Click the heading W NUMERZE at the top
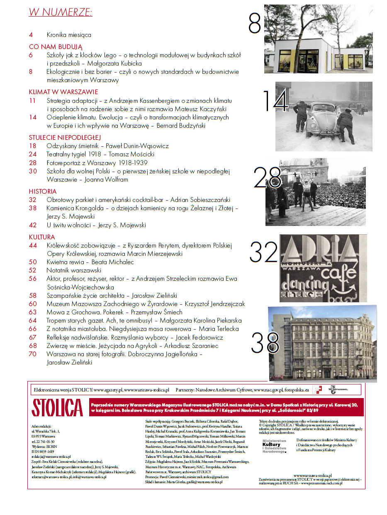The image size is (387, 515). coord(61,12)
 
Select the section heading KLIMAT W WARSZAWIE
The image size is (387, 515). coord(63,92)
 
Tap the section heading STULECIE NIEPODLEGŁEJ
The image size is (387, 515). coord(65,137)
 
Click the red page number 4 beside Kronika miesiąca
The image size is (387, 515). coord(31,35)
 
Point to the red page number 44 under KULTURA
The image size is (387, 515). coord(33,245)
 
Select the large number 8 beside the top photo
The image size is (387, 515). coord(254,24)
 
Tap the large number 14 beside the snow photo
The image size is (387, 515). coord(275,101)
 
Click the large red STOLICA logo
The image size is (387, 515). coord(57,407)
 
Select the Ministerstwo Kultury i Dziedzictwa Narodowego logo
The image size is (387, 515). coord(274,445)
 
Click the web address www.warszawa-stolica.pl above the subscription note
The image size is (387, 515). coord(312,475)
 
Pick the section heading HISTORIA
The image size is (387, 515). coord(43,192)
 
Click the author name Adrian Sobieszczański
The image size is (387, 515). coord(201,200)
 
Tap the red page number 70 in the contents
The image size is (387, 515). coord(33,354)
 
